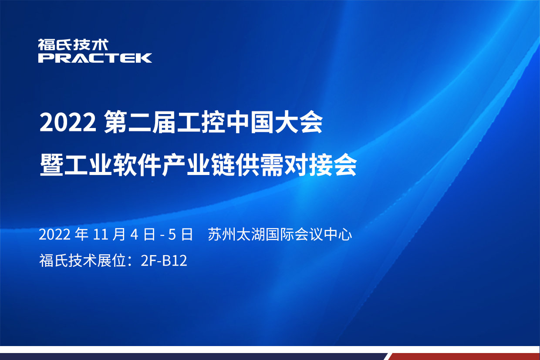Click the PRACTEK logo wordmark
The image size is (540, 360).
[x=95, y=58]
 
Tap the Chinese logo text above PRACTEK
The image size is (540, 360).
[x=73, y=44]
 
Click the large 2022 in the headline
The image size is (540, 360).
[x=68, y=123]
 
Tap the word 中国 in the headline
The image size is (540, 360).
[x=250, y=122]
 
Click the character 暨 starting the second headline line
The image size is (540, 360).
[x=51, y=165]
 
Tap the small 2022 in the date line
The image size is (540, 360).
[x=55, y=235]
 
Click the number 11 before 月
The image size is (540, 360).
[x=100, y=235]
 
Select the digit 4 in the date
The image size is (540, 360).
[x=134, y=235]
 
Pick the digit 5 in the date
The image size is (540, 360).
[x=172, y=235]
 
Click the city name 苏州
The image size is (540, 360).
[x=222, y=234]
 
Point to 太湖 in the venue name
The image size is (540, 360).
[x=251, y=234]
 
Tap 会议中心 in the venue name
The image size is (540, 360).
[x=324, y=234]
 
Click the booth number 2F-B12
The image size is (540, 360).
[x=164, y=260]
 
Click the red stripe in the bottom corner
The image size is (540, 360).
[x=464, y=357]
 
